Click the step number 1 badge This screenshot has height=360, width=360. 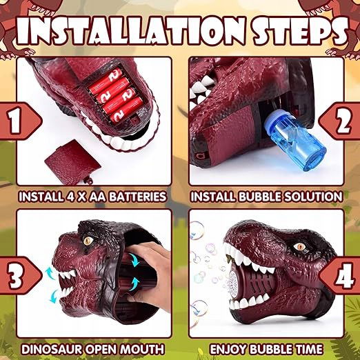(x=19, y=121)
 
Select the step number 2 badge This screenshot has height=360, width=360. (x=341, y=121)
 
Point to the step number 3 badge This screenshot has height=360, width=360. (x=19, y=275)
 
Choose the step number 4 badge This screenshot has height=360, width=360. (x=341, y=275)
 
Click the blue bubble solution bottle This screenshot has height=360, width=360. (x=294, y=142)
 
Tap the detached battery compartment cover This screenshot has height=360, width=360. (x=72, y=161)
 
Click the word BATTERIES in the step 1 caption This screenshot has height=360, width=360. (x=137, y=197)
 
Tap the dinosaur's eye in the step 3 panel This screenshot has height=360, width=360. (x=88, y=241)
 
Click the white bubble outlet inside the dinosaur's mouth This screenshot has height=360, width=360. (x=232, y=282)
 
